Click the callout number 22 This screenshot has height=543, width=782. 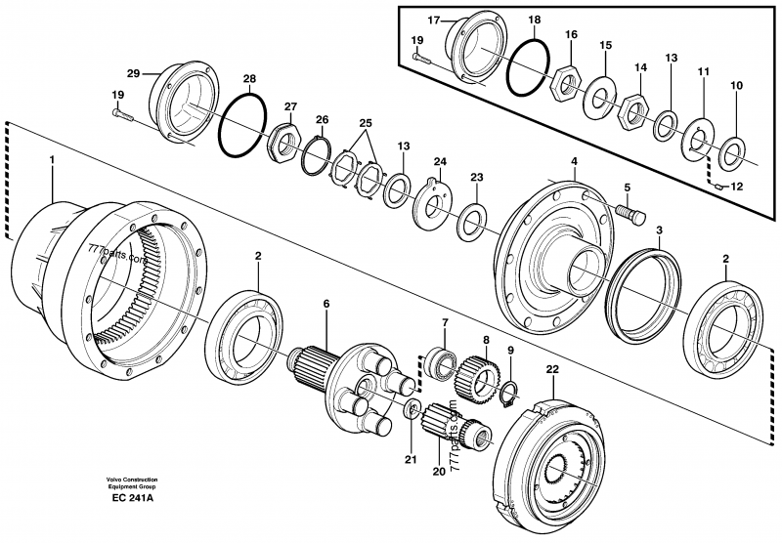(554, 370)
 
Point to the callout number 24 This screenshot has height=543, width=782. (440, 162)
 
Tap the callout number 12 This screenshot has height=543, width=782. (737, 187)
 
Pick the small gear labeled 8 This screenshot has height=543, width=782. (480, 371)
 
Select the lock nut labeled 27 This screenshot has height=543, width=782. (283, 142)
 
